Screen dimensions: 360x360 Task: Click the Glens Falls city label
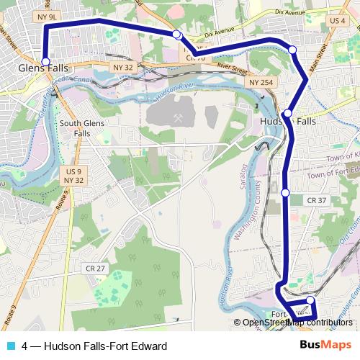point(44,68)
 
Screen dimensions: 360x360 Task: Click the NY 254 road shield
point(261,84)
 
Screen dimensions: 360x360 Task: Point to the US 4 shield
point(337,21)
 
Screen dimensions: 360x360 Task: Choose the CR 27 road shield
point(95,268)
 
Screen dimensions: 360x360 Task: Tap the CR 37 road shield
point(316,200)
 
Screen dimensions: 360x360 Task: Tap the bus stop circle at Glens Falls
point(45,61)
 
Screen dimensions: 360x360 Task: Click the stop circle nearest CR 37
point(285,193)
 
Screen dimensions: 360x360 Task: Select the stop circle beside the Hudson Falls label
point(287,113)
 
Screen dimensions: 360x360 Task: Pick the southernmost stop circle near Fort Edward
point(310,300)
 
